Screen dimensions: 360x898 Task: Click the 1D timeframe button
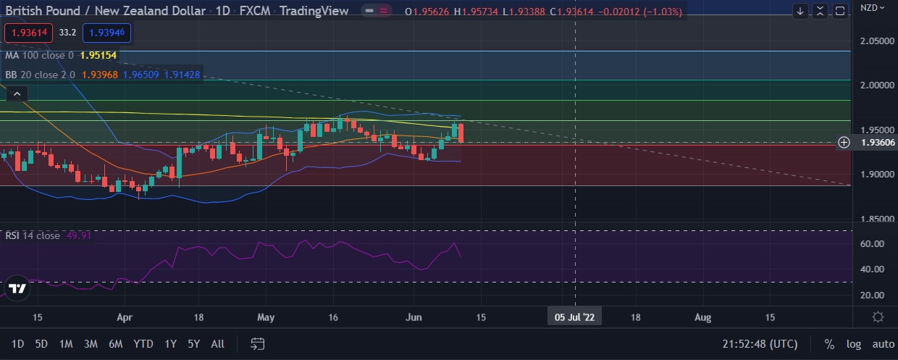coord(18,344)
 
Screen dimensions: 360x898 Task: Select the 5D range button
coord(41,344)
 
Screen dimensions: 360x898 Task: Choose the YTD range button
coord(143,344)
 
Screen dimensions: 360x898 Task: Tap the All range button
coord(217,344)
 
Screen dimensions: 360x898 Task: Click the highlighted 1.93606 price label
coord(877,143)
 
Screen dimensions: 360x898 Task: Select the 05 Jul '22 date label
coord(575,317)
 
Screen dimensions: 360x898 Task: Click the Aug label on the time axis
coord(702,317)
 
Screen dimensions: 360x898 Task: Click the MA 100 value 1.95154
coord(99,55)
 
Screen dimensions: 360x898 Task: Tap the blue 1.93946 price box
coord(107,33)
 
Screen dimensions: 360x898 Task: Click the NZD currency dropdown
coord(873,8)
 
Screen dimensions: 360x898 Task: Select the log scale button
coord(854,344)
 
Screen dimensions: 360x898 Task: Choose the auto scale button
coord(883,344)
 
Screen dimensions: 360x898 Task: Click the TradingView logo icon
coord(17,288)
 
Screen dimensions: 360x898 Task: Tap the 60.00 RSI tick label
coord(872,244)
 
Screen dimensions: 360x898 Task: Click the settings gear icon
coord(878,317)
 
